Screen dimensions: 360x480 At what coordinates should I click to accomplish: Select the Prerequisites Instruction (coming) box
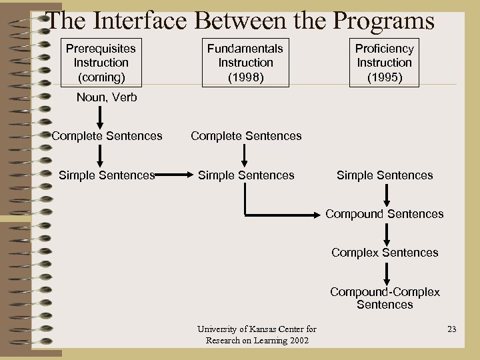(x=101, y=63)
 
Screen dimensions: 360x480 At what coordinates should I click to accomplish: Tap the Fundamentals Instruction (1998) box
(x=245, y=63)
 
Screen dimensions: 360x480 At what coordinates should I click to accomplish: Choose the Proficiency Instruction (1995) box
(x=384, y=63)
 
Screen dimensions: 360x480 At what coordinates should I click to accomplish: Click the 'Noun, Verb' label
(x=107, y=97)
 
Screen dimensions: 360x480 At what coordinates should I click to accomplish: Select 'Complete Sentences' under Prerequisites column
(x=107, y=136)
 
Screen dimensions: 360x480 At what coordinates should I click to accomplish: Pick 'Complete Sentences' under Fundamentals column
(x=246, y=136)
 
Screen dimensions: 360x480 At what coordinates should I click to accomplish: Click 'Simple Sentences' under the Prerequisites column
(x=107, y=175)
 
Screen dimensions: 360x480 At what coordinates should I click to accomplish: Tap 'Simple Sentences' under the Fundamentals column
(x=246, y=175)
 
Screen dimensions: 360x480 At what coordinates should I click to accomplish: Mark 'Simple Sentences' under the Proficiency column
(x=385, y=175)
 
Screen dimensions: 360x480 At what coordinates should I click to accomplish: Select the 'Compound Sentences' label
(x=385, y=214)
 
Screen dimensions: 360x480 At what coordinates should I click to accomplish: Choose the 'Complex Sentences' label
(x=385, y=253)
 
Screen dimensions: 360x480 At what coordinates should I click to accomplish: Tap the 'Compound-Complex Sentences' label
(x=385, y=298)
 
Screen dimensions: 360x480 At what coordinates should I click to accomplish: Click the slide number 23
(x=452, y=329)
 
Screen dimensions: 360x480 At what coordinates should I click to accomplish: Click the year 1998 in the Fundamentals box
(x=245, y=77)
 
